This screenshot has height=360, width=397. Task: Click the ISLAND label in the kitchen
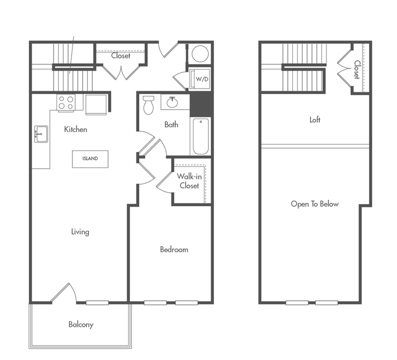[x=90, y=159]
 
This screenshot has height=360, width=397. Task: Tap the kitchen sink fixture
[x=41, y=134]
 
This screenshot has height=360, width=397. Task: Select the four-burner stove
[x=66, y=103]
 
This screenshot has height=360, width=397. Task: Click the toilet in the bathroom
[x=148, y=105]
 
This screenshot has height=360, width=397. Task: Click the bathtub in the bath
[x=201, y=136]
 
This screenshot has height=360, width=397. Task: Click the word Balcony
[x=81, y=324]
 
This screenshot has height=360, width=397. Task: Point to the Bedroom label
[x=174, y=249]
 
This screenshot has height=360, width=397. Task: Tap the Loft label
[x=315, y=120]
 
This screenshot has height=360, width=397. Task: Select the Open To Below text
[x=315, y=204]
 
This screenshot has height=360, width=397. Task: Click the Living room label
[x=80, y=232]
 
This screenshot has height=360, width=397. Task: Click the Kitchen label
[x=75, y=129]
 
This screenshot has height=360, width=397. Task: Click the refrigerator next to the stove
[x=96, y=104]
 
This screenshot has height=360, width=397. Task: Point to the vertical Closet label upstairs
[x=357, y=69]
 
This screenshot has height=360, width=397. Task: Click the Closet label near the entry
[x=121, y=56]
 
